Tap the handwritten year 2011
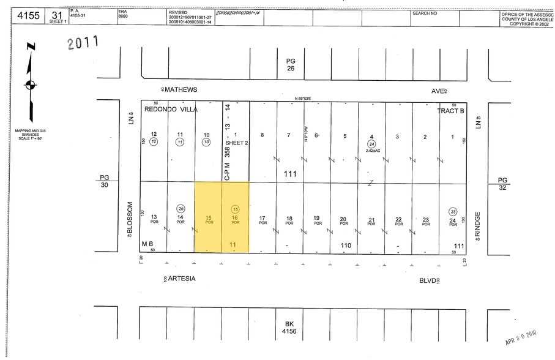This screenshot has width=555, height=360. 83,43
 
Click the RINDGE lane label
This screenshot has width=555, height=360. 478,227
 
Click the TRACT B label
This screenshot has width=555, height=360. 451,111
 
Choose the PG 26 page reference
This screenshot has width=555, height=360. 291,64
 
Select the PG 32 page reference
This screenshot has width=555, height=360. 502,184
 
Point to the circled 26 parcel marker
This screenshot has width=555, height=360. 181,208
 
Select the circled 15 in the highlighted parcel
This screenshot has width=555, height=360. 236,209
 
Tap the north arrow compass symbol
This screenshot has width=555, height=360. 30,83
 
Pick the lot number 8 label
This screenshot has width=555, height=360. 263,136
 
